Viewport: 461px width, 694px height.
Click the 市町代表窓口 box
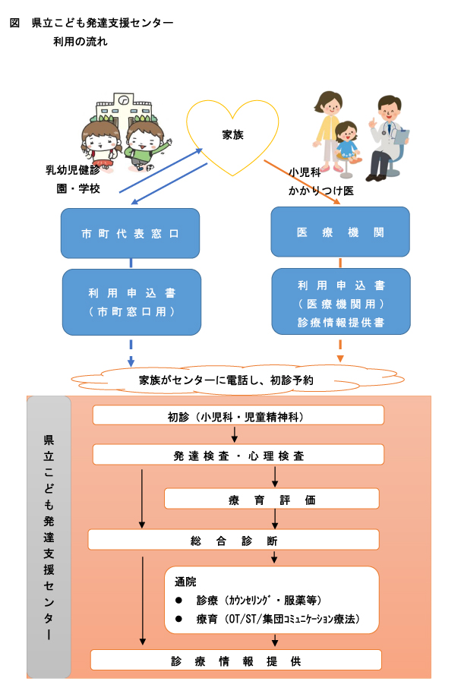point(131,233)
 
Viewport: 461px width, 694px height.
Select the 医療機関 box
point(340,232)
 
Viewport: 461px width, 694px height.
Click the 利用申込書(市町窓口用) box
point(131,301)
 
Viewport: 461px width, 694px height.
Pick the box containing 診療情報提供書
point(340,302)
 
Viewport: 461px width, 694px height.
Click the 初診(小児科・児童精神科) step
point(238,415)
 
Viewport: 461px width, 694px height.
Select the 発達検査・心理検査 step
point(238,456)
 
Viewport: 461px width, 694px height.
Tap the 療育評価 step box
point(271,499)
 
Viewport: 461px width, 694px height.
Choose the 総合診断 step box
point(233,540)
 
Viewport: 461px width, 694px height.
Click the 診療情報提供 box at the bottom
point(235,660)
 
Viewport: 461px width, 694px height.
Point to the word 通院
point(185,582)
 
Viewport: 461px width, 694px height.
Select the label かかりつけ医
point(321,191)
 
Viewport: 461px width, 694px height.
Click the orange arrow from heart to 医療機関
point(300,182)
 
